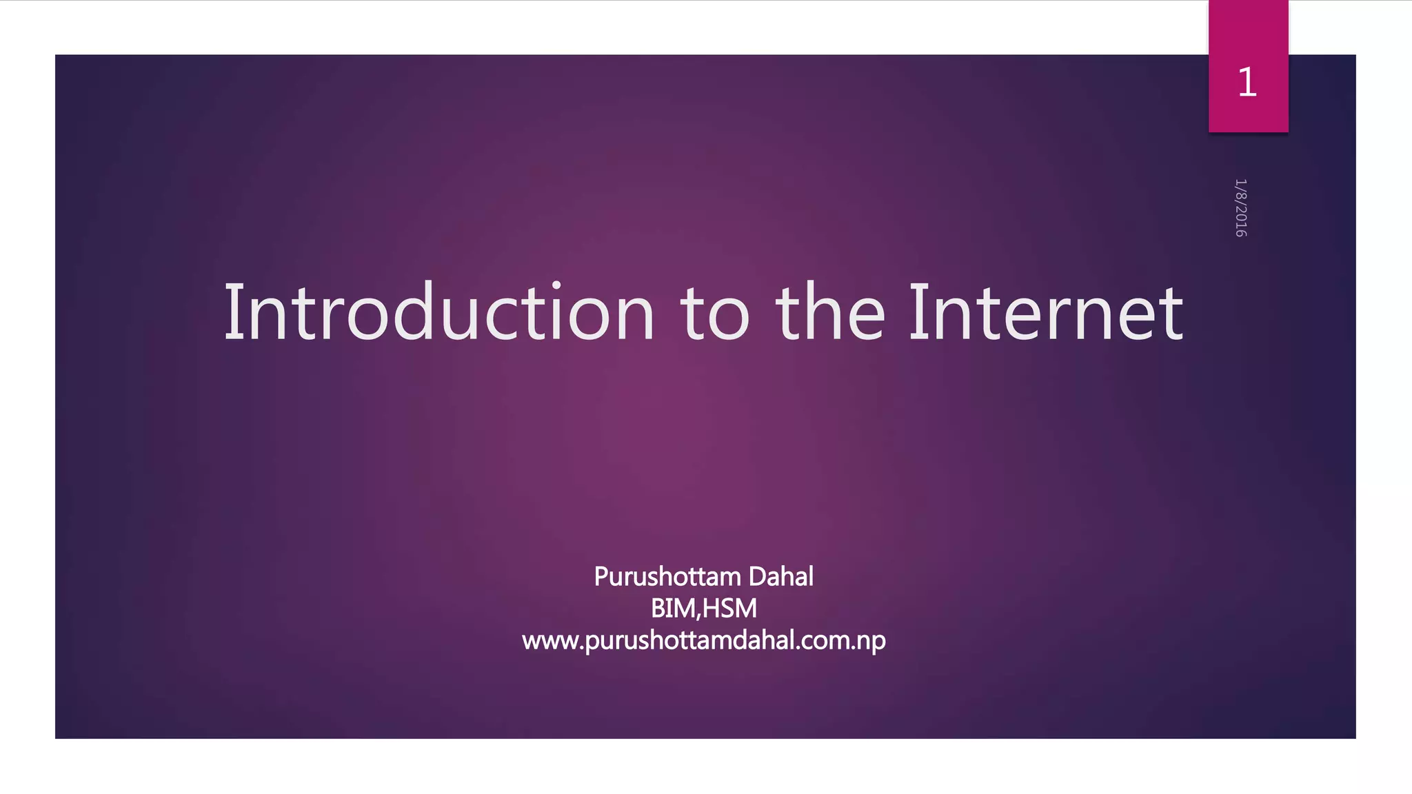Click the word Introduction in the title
(439, 313)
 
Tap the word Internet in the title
(1046, 313)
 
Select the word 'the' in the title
(830, 313)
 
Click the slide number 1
(1247, 83)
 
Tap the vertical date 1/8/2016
(1240, 207)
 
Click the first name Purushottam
(667, 577)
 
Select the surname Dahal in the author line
(780, 576)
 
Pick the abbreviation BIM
(673, 609)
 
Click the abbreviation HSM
(729, 609)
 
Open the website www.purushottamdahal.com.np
(703, 641)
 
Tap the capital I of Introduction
(233, 313)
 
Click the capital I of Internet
(916, 313)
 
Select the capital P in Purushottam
(601, 576)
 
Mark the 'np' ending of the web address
(870, 642)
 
